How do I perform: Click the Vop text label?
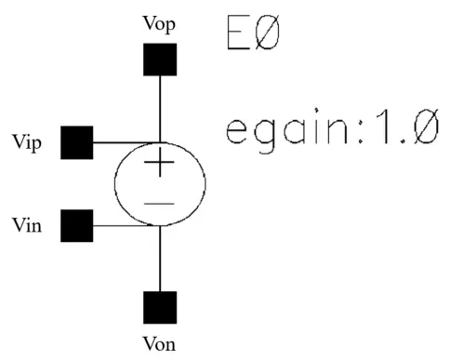click(160, 20)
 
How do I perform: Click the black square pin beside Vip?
click(76, 143)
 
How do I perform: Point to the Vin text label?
click(29, 226)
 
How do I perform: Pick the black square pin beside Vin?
click(76, 225)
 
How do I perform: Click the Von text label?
click(160, 342)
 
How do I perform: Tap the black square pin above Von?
click(160, 307)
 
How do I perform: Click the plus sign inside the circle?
click(160, 166)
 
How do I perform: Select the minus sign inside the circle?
click(160, 203)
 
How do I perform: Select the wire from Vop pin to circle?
click(160, 107)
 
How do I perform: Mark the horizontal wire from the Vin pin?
click(121, 225)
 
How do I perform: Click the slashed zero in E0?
click(268, 33)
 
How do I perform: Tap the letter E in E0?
click(238, 33)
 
